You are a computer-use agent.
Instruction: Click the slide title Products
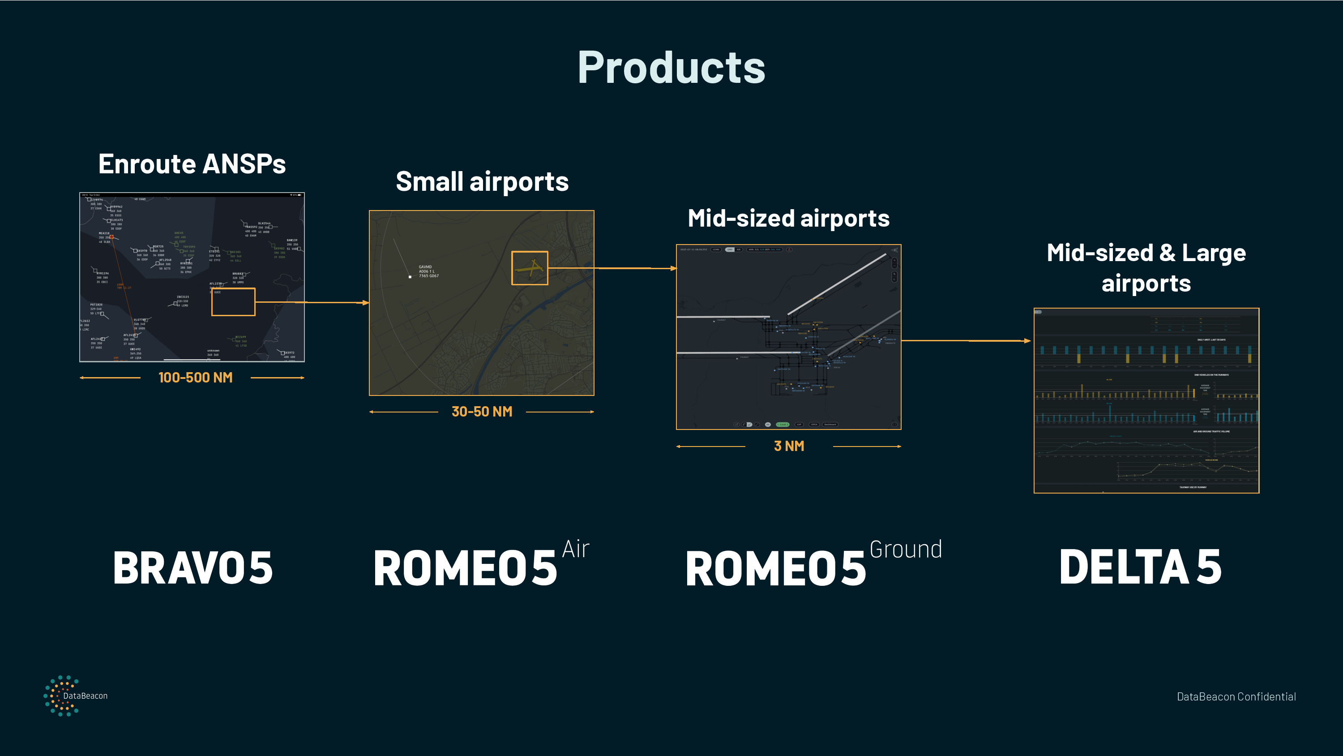click(x=671, y=68)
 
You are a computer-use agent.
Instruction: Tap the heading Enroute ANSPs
click(x=192, y=164)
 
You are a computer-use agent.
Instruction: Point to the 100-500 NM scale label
click(x=195, y=377)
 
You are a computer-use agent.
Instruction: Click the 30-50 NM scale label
click(x=482, y=412)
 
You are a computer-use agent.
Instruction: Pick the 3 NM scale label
click(x=789, y=446)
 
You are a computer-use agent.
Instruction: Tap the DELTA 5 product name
click(x=1140, y=567)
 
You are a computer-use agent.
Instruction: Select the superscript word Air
click(x=576, y=550)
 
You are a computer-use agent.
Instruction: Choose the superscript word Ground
click(x=906, y=550)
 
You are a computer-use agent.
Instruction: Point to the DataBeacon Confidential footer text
click(x=1236, y=696)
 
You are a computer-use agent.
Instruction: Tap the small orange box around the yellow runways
click(x=529, y=268)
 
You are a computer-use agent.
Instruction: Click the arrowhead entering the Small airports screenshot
click(x=366, y=303)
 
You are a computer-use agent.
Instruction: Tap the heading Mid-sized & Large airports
click(x=1146, y=268)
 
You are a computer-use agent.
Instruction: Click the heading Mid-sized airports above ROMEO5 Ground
click(x=788, y=218)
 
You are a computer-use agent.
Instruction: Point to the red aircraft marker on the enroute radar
click(x=111, y=237)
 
